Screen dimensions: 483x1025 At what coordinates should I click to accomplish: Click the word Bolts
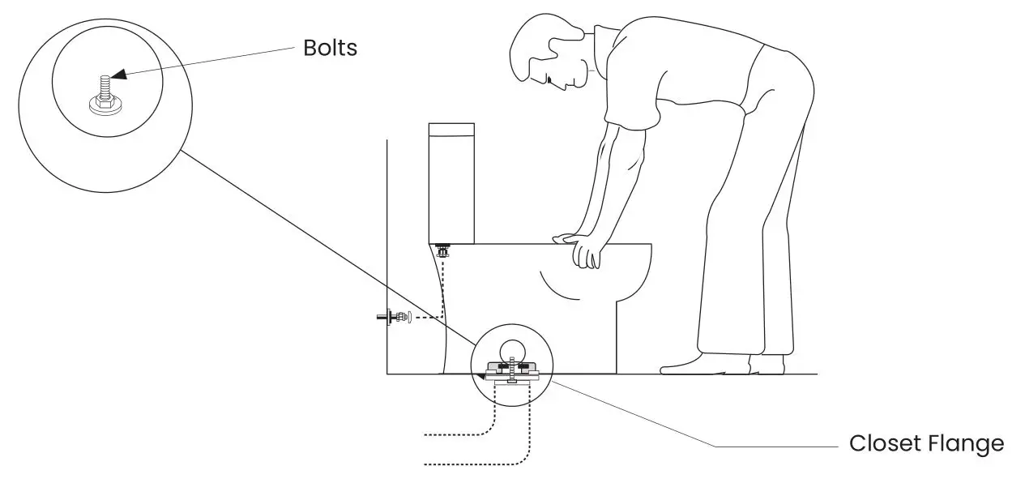tap(330, 48)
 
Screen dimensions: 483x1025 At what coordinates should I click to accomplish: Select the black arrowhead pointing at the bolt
tap(118, 75)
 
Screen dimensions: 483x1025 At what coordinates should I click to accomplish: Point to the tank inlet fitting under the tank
tap(442, 249)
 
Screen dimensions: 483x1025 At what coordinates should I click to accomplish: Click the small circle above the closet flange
tap(512, 351)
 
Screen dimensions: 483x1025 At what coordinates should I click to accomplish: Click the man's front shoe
tap(689, 364)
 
